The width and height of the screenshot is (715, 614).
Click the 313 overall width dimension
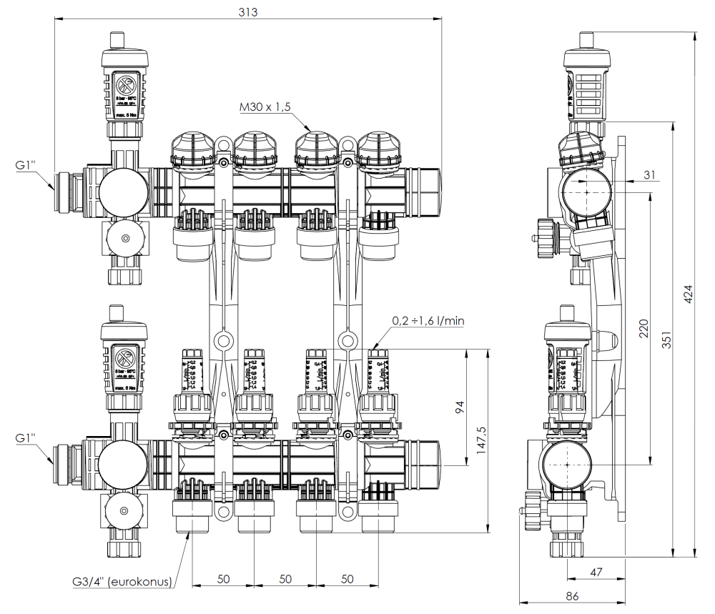[x=247, y=12]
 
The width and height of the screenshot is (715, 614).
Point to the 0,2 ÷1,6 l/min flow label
[x=428, y=321]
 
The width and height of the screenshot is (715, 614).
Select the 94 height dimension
[x=460, y=407]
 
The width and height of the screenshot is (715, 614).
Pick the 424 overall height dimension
[x=688, y=293]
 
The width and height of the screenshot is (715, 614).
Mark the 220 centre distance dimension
[x=643, y=328]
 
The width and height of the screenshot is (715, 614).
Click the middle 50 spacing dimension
[x=285, y=578]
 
